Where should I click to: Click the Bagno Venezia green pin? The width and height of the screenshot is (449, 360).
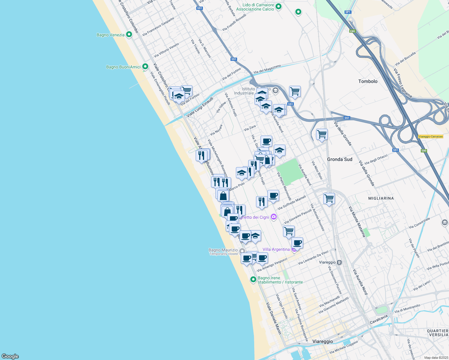(x=129, y=35)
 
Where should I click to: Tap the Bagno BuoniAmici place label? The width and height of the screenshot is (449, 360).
(x=123, y=67)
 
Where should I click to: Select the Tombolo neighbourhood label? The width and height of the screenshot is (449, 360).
(x=368, y=81)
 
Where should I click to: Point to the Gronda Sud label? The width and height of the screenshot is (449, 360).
(x=339, y=159)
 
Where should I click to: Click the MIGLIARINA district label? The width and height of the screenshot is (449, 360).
(x=381, y=198)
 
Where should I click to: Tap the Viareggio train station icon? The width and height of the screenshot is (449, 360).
(x=339, y=262)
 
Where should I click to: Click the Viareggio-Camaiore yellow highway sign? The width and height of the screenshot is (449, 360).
(x=430, y=136)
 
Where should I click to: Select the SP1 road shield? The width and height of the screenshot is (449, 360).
(x=348, y=12)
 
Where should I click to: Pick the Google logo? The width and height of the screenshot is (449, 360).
(x=10, y=356)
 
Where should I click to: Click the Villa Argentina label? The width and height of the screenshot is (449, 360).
(x=276, y=249)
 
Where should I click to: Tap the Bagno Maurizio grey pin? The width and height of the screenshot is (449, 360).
(x=242, y=251)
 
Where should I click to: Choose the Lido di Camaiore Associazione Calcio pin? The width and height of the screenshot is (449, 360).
(x=279, y=7)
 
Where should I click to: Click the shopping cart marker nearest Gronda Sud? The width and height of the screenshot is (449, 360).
(x=322, y=134)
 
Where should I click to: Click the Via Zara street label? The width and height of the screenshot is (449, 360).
(x=250, y=128)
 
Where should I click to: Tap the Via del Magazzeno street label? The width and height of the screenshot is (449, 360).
(x=267, y=69)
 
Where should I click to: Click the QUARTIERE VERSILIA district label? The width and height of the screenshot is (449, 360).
(x=438, y=333)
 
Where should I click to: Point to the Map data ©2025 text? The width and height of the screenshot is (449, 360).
(x=436, y=357)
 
